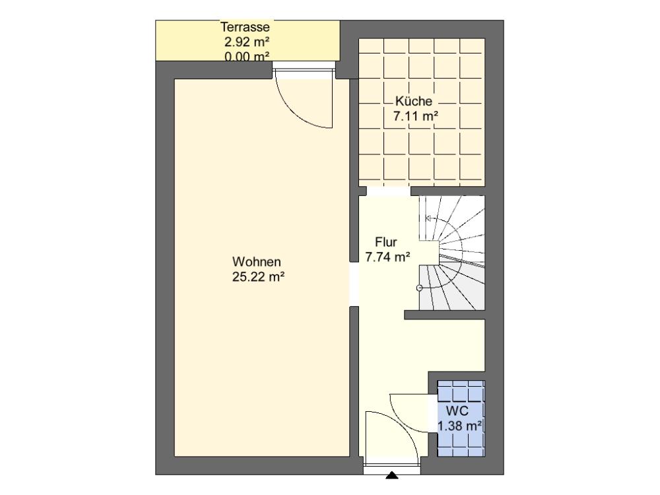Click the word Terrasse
246,27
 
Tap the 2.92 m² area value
247,42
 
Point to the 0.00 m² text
247,56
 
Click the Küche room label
414,101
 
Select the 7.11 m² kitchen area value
416,115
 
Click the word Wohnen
256,262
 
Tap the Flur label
386,242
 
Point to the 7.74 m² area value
387,257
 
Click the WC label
457,411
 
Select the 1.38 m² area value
459,426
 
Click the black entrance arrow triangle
392,475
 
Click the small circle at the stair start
419,288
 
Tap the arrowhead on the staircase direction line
428,218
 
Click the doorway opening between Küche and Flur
389,191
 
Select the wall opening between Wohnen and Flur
354,284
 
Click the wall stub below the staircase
444,315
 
